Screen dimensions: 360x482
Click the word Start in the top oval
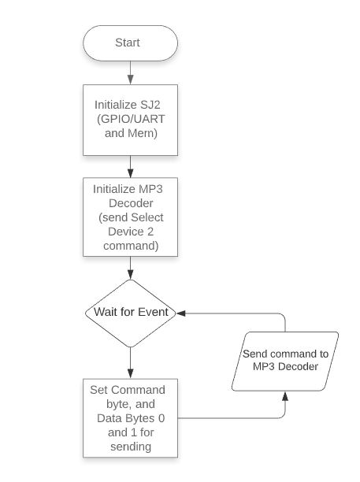(x=128, y=43)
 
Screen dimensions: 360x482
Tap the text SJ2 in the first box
(x=150, y=105)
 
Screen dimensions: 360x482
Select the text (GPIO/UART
(x=131, y=119)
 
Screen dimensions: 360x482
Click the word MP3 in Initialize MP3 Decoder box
(x=150, y=189)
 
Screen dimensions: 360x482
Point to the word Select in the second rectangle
(x=147, y=217)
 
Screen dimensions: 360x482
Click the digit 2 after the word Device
(x=150, y=232)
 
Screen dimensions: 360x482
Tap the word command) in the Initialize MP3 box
(x=131, y=246)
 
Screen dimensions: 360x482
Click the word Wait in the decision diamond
(x=105, y=312)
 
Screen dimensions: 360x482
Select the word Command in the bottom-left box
(x=138, y=390)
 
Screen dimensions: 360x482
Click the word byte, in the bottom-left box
(x=118, y=404)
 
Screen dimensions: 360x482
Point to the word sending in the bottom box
(x=131, y=447)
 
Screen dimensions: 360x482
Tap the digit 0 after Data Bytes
(x=161, y=418)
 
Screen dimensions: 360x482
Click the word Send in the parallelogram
(x=254, y=354)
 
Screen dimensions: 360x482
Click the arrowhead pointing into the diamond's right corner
(x=180, y=313)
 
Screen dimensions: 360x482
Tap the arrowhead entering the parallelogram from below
(x=285, y=396)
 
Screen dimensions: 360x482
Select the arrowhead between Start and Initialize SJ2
(x=130, y=80)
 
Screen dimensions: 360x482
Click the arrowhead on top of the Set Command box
(x=130, y=374)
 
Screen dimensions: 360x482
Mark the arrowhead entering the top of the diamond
(x=130, y=275)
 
